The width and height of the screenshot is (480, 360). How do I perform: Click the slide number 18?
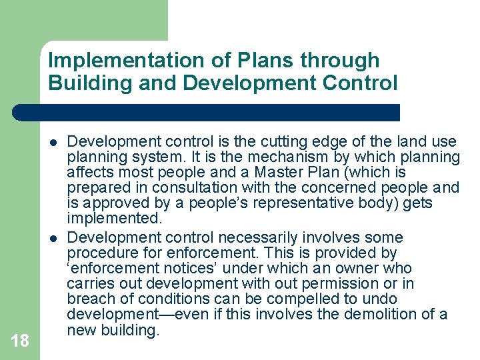(20, 341)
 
